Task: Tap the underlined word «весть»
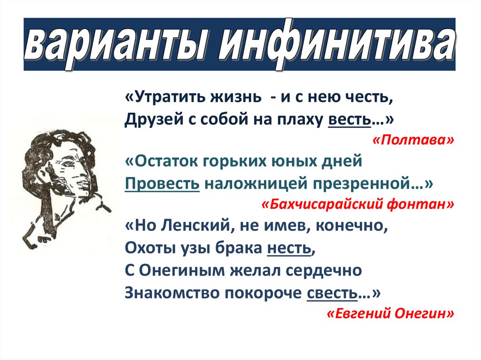pos(349,121)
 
